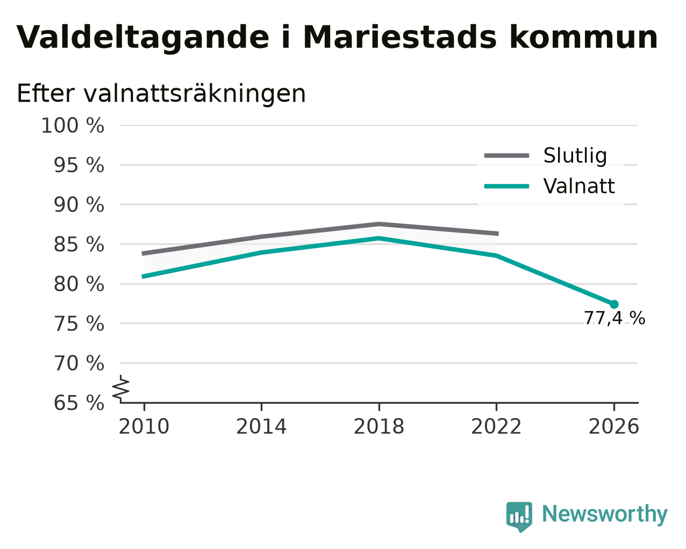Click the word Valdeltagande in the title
pyautogui.click(x=143, y=38)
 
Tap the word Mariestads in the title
pyautogui.click(x=400, y=37)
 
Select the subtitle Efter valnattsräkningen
pyautogui.click(x=161, y=94)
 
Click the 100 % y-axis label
pyautogui.click(x=73, y=125)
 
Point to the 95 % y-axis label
pyautogui.click(x=78, y=165)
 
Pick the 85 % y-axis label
pyautogui.click(x=78, y=244)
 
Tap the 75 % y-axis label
pyautogui.click(x=78, y=323)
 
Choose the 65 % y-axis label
pyautogui.click(x=78, y=403)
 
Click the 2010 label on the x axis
pyautogui.click(x=144, y=427)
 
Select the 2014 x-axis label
pyautogui.click(x=261, y=427)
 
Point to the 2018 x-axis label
pyautogui.click(x=378, y=427)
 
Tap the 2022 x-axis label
pyautogui.click(x=496, y=427)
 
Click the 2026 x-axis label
pyautogui.click(x=613, y=427)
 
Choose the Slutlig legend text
pyautogui.click(x=575, y=156)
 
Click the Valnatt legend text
pyautogui.click(x=579, y=186)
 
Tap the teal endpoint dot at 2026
pyautogui.click(x=614, y=305)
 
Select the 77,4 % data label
pyautogui.click(x=614, y=318)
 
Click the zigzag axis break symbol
pyautogui.click(x=121, y=389)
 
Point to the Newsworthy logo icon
pyautogui.click(x=519, y=515)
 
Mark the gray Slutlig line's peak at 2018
pyautogui.click(x=378, y=224)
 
